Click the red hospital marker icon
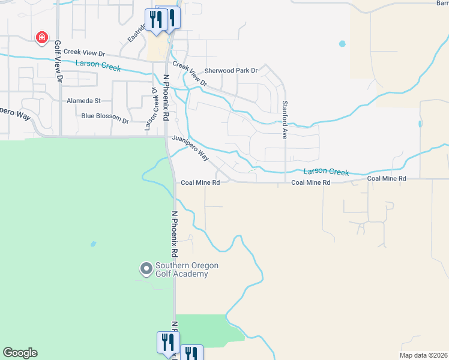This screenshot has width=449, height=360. point(42,38)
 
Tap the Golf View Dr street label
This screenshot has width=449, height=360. point(58,61)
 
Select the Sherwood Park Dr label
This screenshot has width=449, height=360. point(231,71)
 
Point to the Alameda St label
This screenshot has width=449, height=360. point(83,101)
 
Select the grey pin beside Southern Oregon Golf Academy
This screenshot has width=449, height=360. point(146,269)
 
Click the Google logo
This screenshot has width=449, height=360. point(20,353)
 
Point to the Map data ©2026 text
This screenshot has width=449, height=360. point(423,355)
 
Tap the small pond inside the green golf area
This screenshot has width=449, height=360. point(92,244)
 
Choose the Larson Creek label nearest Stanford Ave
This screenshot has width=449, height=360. point(325,172)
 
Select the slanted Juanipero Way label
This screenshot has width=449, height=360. point(190,148)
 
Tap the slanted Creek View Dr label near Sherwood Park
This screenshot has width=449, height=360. point(190,73)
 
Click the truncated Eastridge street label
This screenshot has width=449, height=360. point(137,34)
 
